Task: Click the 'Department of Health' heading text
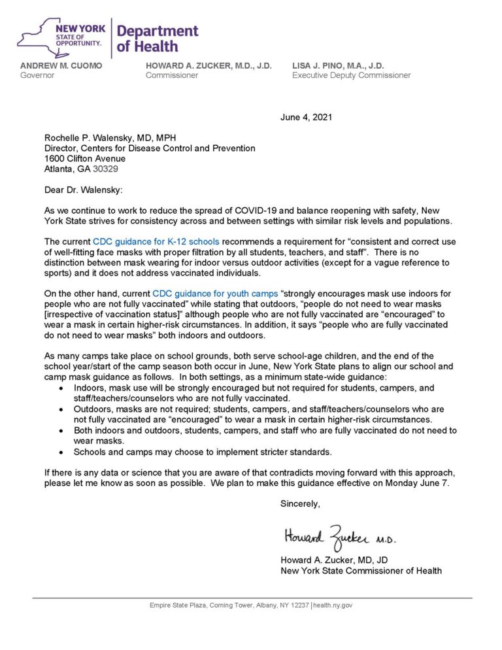(x=157, y=39)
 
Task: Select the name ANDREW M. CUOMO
(x=61, y=65)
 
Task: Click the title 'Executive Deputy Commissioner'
(x=351, y=75)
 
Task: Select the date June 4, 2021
(x=306, y=117)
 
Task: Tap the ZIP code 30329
(x=106, y=169)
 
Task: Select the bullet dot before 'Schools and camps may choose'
(x=61, y=452)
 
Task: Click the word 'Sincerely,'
(x=300, y=504)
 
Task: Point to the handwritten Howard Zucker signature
(x=339, y=538)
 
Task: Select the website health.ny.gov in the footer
(x=333, y=606)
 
